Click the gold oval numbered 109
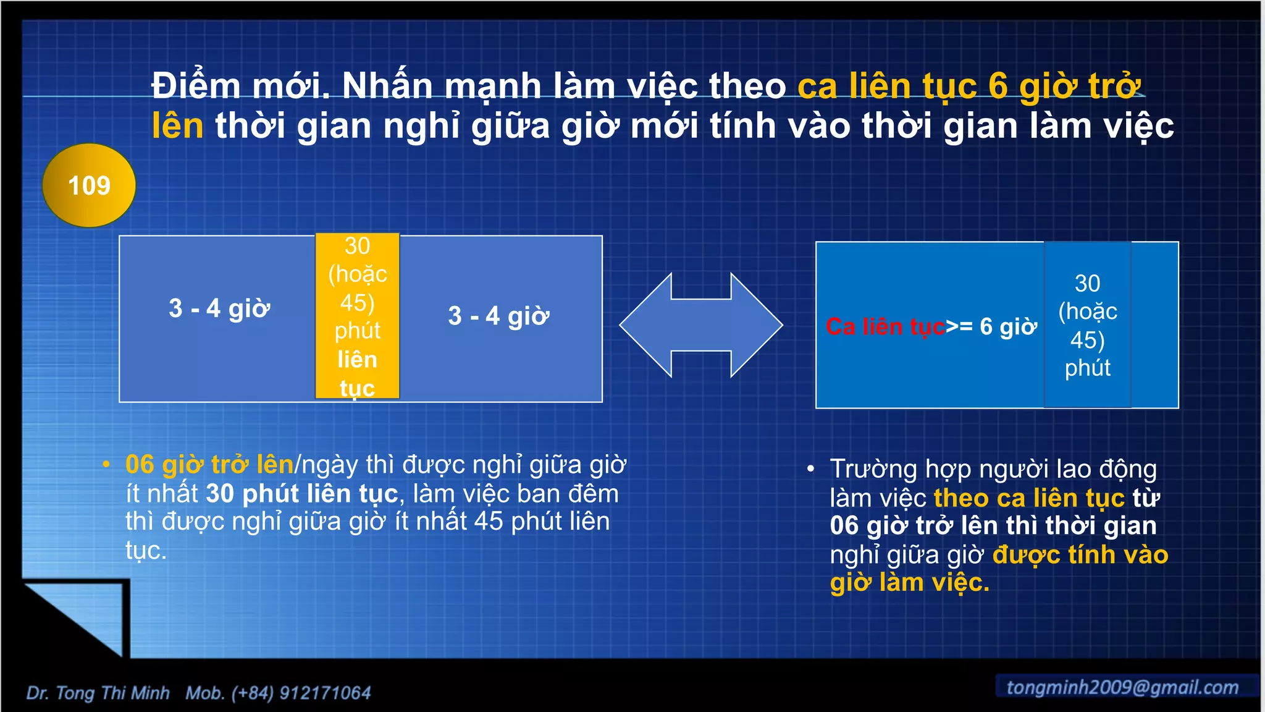[x=89, y=185]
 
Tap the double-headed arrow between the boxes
[x=701, y=325]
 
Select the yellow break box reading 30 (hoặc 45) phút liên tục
[x=358, y=316]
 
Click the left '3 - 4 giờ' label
[x=219, y=308]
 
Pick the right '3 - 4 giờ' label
[x=498, y=316]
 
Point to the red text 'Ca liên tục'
[x=885, y=326]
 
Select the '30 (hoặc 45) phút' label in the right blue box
[x=1088, y=326]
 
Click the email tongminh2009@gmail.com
[x=1122, y=687]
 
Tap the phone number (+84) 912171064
[x=301, y=693]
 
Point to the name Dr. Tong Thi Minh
[x=98, y=693]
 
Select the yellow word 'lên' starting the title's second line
[x=178, y=126]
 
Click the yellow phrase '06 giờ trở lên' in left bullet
[x=209, y=464]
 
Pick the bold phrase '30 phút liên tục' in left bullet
[x=302, y=493]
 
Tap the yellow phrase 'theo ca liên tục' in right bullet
[x=1029, y=498]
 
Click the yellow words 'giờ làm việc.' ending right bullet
[x=909, y=583]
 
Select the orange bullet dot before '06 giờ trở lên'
[x=106, y=464]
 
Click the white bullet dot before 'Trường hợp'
[x=810, y=469]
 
